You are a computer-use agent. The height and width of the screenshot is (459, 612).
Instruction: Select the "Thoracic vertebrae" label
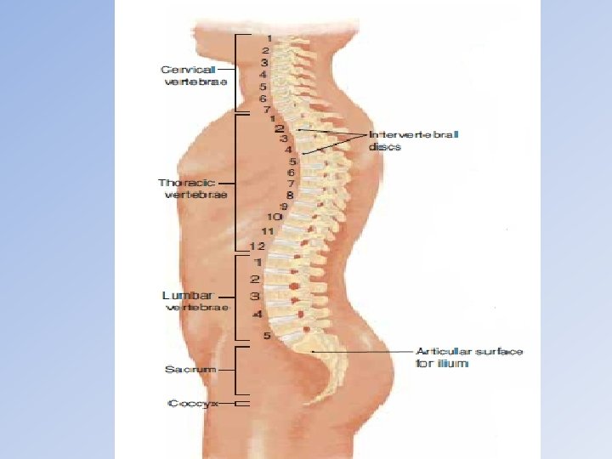192,188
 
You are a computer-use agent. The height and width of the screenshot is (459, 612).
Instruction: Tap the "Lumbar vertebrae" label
195,301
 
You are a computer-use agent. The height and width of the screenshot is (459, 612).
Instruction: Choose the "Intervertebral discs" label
413,140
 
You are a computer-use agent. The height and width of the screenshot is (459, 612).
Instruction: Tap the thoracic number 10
275,217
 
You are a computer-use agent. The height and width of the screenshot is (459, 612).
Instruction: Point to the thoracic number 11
267,231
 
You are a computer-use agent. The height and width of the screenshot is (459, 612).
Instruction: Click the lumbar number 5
266,336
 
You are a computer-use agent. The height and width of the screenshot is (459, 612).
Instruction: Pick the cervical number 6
263,98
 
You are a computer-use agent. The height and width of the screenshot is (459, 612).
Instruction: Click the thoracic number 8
289,195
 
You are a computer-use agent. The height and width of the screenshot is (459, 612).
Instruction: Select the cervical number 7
266,110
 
